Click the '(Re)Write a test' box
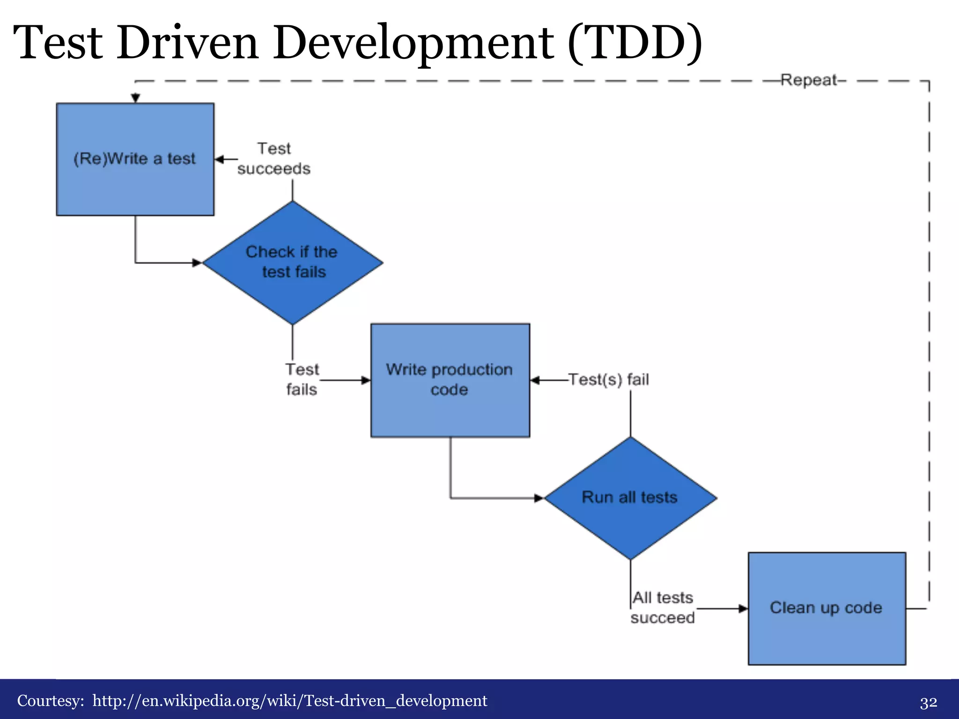135,159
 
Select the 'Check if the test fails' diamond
292,263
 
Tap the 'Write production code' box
450,380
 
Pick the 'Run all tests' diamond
630,498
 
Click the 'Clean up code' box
826,608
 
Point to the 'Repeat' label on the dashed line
809,81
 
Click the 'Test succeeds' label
274,159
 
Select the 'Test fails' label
302,380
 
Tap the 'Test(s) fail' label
609,380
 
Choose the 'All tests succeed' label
663,608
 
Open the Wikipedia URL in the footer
290,701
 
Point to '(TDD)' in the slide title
635,44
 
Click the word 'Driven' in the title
187,44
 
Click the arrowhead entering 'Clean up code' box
744,609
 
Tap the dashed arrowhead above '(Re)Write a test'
135,98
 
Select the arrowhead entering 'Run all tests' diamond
539,498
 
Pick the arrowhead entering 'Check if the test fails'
197,263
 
